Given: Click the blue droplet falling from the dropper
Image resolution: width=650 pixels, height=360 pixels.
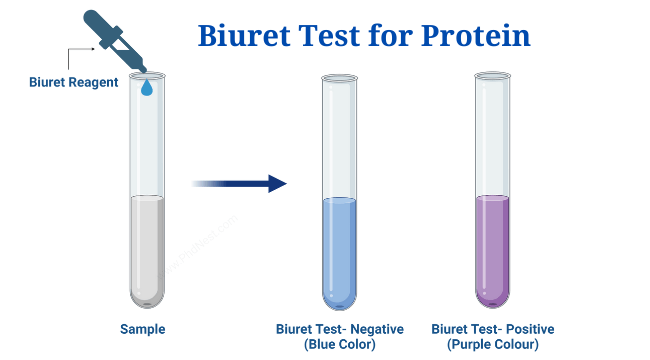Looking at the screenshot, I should coord(147,88).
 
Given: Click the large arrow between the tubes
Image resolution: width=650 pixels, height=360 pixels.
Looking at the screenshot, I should coord(239,183).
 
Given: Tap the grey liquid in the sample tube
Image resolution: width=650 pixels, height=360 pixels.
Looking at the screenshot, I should coord(147,250).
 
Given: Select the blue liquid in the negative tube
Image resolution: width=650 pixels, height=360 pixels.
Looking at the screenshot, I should coord(339,250).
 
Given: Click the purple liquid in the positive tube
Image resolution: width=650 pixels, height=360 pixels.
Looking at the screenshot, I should coord(493,250).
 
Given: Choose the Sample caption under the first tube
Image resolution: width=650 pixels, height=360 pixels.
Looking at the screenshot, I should coord(142,329).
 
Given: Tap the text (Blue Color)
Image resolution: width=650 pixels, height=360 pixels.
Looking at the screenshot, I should coord(339,345).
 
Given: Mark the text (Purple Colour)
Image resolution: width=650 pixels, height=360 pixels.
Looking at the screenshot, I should coord(492,345).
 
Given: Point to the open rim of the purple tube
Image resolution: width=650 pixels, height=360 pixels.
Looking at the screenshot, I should coord(493,76).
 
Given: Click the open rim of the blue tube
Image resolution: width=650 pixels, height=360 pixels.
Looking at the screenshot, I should coord(339,76).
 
